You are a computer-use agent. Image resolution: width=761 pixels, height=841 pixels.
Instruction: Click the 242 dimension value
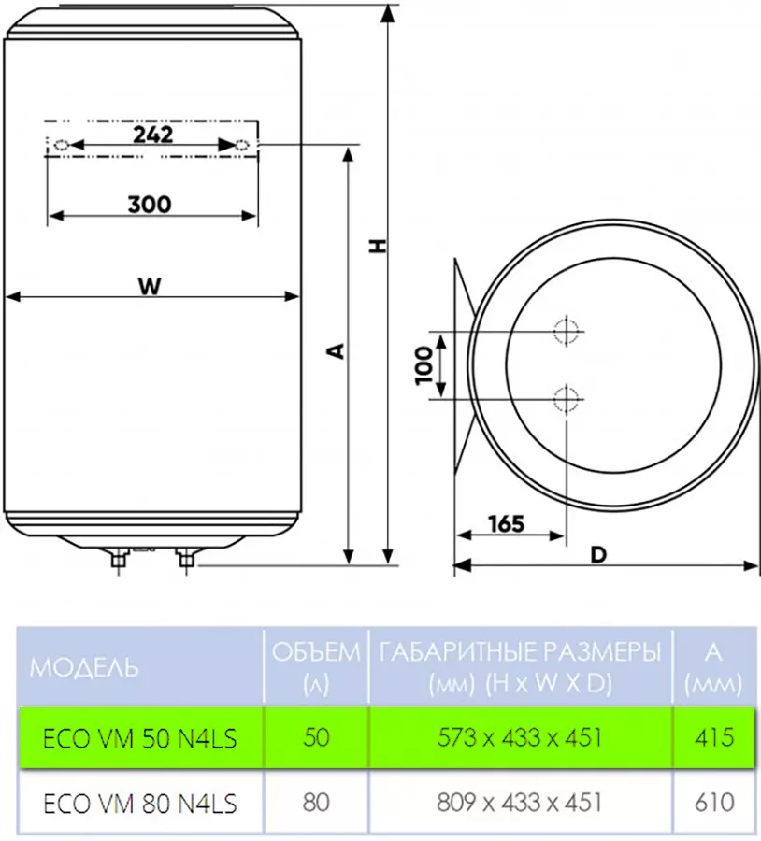153,134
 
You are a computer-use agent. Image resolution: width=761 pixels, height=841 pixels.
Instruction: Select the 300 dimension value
150,205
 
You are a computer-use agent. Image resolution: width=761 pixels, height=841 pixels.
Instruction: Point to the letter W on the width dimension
150,286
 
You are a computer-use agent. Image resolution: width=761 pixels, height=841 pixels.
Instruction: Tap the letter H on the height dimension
379,246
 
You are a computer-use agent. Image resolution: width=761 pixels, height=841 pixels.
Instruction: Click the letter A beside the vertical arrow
336,351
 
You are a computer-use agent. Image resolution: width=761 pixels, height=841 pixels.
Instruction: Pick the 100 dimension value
424,365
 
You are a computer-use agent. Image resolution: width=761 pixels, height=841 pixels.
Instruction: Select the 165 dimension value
506,523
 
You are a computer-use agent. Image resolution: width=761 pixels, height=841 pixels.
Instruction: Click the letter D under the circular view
598,554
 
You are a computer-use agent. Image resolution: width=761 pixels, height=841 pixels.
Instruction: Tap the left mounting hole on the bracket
62,145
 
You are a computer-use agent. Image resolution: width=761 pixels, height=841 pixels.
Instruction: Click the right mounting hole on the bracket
242,144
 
